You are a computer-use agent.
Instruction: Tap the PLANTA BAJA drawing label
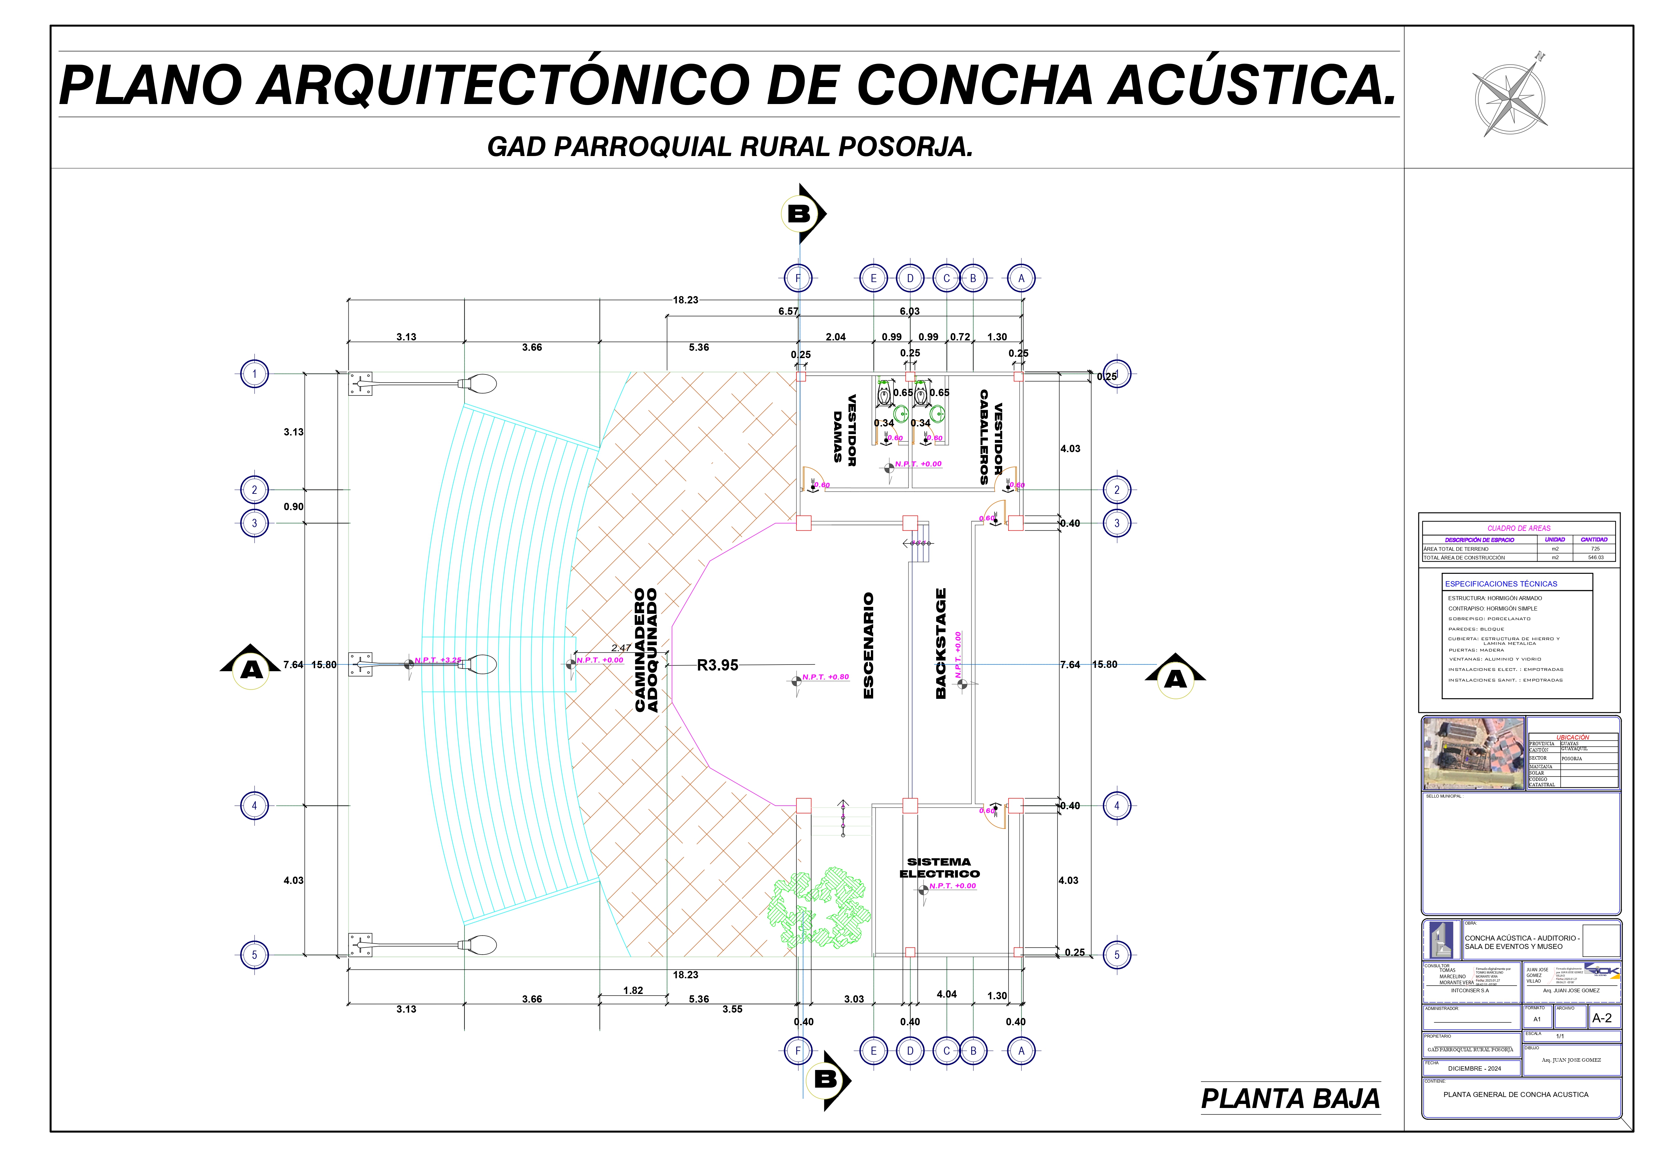point(1290,1099)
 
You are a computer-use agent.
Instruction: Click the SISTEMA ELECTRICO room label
point(939,868)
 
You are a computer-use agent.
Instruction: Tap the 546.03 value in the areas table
point(1595,557)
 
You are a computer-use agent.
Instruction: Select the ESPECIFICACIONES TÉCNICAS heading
point(1501,583)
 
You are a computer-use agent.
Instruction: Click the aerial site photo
point(1473,753)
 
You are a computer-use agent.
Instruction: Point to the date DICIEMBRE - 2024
point(1474,1068)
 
